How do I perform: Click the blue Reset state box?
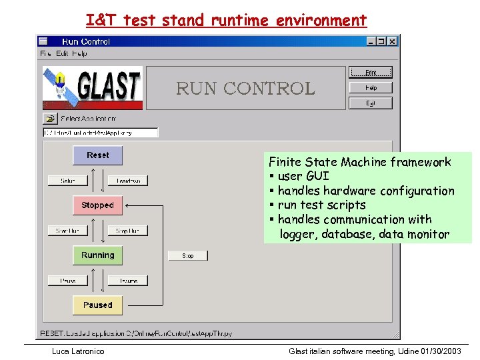click(97, 155)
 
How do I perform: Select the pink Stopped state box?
click(97, 205)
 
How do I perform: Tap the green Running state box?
click(97, 255)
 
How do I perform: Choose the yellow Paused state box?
click(97, 305)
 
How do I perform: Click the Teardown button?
click(127, 181)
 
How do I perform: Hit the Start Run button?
click(67, 231)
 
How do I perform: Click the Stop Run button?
click(127, 231)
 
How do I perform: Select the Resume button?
click(127, 281)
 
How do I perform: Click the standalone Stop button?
click(188, 255)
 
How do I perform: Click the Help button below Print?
click(371, 88)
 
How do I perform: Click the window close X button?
click(392, 41)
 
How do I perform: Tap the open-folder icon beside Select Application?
click(50, 119)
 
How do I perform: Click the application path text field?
click(100, 133)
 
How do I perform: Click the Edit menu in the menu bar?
click(62, 53)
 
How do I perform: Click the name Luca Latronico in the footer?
click(78, 351)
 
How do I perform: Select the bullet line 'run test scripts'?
click(321, 205)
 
